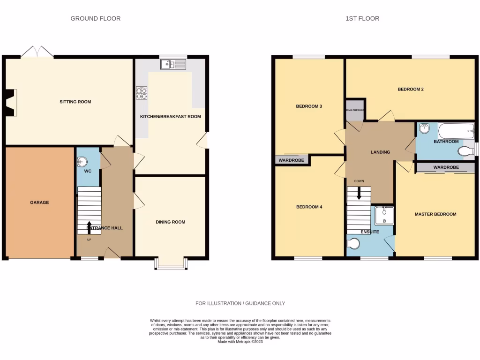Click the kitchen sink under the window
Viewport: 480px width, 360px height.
(173, 64)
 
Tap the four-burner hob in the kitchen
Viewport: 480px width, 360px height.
(141, 93)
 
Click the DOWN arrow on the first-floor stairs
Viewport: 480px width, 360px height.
(359, 193)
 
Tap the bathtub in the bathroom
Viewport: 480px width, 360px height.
(456, 131)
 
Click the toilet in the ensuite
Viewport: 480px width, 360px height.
(354, 244)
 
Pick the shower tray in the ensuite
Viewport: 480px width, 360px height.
(384, 215)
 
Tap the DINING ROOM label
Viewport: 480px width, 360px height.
(170, 222)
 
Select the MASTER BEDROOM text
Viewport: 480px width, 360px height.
(435, 214)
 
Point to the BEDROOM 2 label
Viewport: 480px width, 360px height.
(411, 89)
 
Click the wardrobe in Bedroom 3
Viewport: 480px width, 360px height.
(292, 160)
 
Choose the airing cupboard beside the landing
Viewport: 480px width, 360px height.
(355, 110)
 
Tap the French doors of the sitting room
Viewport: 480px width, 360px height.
(37, 52)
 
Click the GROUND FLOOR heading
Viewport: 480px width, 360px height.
(95, 19)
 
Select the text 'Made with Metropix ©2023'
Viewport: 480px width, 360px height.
(240, 342)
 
